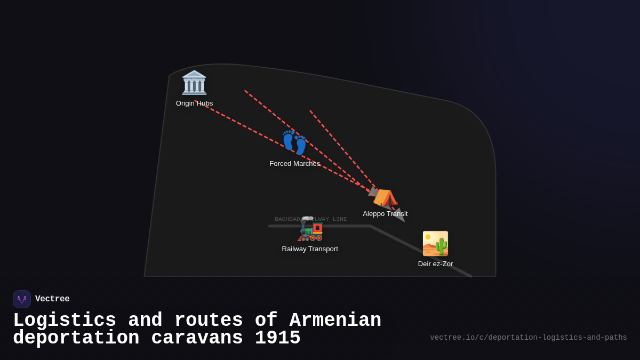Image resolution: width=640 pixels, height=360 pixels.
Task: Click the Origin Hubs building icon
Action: [194, 83]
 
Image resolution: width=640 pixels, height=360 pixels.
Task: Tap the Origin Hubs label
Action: [194, 103]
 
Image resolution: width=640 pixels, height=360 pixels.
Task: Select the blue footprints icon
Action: [294, 142]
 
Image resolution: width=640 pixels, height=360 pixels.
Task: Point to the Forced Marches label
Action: [294, 164]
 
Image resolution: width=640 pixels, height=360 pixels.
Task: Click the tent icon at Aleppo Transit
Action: [385, 197]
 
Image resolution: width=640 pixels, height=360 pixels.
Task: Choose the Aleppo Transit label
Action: [385, 214]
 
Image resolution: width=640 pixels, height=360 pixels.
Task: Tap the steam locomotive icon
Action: [310, 229]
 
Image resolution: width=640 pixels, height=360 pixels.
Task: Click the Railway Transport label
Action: [310, 249]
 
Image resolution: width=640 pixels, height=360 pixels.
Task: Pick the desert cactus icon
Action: [435, 244]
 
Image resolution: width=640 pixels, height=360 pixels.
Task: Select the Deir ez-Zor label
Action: [435, 264]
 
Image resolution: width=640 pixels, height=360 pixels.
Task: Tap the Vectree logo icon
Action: [22, 299]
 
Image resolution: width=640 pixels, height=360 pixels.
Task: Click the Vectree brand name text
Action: [52, 299]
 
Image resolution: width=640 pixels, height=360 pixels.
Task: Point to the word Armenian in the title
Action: [335, 321]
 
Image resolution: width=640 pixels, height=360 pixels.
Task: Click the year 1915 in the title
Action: [277, 338]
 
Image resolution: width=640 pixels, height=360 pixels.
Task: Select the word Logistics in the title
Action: [65, 321]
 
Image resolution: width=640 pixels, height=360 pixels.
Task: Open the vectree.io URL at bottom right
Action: [528, 338]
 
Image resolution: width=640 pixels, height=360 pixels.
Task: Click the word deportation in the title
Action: [76, 338]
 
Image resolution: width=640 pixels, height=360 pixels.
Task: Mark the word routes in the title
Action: [209, 321]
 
